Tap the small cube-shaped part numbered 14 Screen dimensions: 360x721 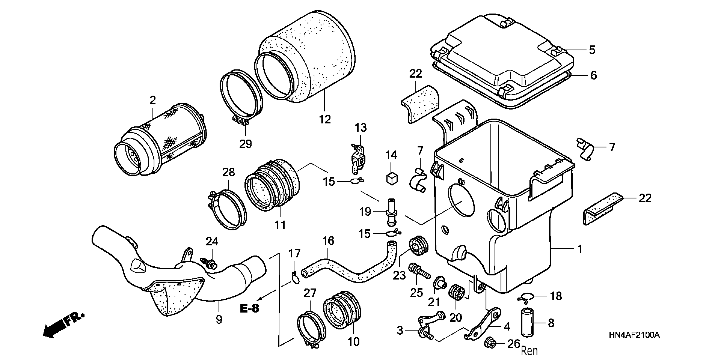391,178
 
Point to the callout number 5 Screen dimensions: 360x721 592,50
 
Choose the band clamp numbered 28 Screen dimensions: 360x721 227,208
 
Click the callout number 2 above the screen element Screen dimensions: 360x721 153,100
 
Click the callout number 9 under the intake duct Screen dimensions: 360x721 219,319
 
